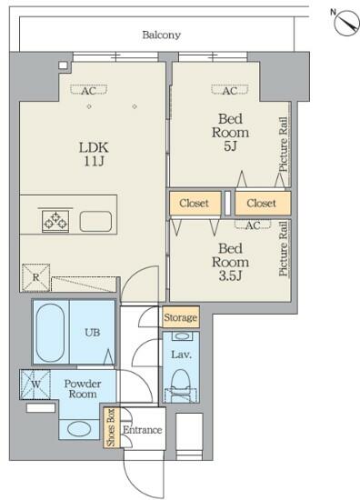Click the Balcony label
[161, 35]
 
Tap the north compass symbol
[346, 23]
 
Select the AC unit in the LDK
[89, 90]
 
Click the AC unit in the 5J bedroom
[230, 90]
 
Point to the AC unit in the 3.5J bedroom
[253, 225]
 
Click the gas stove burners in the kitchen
[55, 221]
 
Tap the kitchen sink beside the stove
[95, 221]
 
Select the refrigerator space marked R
[36, 277]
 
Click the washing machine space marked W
[35, 385]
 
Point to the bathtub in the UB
[50, 332]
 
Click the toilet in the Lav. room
[181, 385]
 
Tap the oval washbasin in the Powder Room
[79, 429]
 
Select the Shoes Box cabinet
[111, 427]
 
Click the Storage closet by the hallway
[181, 317]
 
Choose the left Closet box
[195, 203]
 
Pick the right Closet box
[263, 203]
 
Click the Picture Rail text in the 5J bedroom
[283, 145]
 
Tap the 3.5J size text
[230, 275]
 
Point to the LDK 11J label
[94, 155]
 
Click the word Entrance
[143, 430]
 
